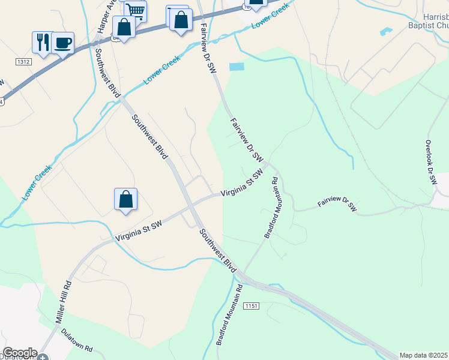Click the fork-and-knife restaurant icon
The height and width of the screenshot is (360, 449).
tap(42, 42)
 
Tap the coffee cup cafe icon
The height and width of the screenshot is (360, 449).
tap(63, 43)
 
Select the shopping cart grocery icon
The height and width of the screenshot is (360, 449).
tap(136, 10)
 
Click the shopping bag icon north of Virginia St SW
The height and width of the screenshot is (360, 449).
tap(126, 199)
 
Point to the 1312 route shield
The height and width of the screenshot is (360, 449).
tap(23, 62)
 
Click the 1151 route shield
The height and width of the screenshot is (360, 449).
tap(251, 306)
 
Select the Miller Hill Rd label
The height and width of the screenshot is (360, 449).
tap(64, 304)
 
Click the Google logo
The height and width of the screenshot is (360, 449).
tap(20, 353)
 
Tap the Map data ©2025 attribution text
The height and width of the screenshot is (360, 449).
tap(424, 355)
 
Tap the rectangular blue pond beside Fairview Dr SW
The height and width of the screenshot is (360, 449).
tap(237, 67)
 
